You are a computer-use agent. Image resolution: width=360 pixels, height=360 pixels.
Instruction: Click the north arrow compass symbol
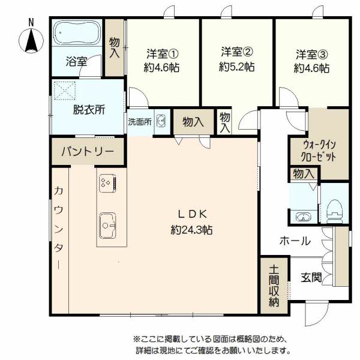(31, 40)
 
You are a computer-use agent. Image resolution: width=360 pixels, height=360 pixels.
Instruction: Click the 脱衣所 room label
(89, 110)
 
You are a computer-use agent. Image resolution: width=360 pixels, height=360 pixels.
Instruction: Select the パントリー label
(88, 151)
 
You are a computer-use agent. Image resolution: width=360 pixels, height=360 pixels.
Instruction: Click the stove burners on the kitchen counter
(107, 183)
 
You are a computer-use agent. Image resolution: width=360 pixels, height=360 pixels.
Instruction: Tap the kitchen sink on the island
(107, 226)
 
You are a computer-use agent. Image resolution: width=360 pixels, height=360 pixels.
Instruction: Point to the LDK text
(193, 214)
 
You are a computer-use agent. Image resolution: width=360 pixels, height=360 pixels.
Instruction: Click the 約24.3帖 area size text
(192, 230)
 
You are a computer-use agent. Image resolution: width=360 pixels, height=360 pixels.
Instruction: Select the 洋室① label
(163, 54)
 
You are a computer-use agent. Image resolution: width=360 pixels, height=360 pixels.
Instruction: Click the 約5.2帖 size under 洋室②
(237, 67)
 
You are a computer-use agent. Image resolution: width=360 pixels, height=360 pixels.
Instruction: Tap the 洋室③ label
(312, 54)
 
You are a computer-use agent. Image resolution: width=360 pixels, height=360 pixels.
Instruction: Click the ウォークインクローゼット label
(319, 151)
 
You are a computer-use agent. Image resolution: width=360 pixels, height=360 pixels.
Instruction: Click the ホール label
(295, 241)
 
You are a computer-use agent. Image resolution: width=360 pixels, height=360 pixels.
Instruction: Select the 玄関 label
(311, 277)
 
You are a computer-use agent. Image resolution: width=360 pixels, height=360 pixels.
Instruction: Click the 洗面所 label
(140, 122)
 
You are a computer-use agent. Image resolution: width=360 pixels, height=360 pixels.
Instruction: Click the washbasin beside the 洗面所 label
(161, 121)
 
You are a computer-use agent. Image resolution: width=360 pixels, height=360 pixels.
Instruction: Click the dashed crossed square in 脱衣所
(65, 91)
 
